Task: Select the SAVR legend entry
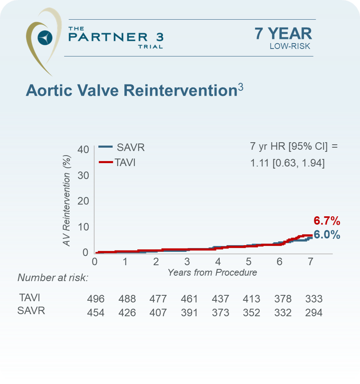(122, 147)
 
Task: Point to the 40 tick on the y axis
(83, 149)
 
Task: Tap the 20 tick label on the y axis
(83, 201)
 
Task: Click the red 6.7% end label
(327, 221)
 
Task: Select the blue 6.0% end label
(327, 235)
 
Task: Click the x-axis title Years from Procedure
(212, 272)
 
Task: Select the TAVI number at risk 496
(96, 299)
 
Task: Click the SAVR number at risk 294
(314, 313)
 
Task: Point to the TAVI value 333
(314, 299)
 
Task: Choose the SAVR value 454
(96, 313)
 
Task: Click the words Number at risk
(53, 278)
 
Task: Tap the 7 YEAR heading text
(283, 34)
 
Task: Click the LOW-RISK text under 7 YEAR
(290, 46)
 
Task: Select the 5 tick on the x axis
(249, 262)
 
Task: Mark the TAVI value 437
(220, 299)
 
